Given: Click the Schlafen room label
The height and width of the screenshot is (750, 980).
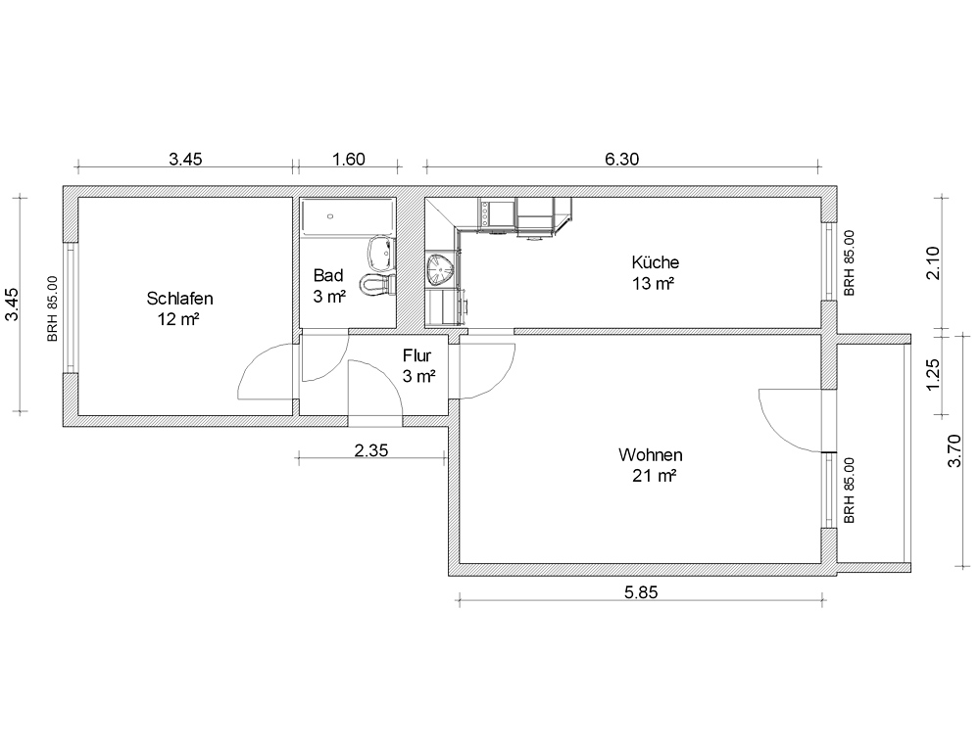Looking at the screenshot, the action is pyautogui.click(x=179, y=299).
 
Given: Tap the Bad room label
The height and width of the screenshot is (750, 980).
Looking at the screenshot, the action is pyautogui.click(x=328, y=275).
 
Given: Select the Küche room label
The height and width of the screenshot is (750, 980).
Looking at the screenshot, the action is pyautogui.click(x=655, y=262).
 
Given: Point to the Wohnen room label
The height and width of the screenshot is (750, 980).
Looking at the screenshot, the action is pyautogui.click(x=650, y=454).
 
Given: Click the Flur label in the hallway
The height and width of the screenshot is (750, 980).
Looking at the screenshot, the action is pyautogui.click(x=416, y=356).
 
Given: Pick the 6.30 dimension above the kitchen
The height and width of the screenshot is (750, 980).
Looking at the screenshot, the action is pyautogui.click(x=622, y=160).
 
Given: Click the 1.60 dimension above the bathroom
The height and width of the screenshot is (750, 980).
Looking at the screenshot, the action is pyautogui.click(x=348, y=160).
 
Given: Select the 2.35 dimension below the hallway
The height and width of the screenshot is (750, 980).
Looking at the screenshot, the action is pyautogui.click(x=371, y=449).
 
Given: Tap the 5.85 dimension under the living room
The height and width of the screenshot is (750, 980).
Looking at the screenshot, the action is pyautogui.click(x=641, y=592).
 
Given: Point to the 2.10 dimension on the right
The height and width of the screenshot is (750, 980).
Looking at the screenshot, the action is pyautogui.click(x=933, y=263).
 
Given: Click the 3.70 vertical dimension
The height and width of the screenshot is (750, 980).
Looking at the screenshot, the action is pyautogui.click(x=955, y=450).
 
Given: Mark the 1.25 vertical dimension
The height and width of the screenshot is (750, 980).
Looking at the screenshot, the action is pyautogui.click(x=933, y=375).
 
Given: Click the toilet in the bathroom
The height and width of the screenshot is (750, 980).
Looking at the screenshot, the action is pyautogui.click(x=377, y=284).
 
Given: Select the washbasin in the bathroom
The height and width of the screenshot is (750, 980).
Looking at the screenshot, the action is pyautogui.click(x=380, y=252).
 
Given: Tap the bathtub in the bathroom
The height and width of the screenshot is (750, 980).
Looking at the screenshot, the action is pyautogui.click(x=348, y=216).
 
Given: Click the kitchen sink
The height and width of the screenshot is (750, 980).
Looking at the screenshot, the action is pyautogui.click(x=442, y=269).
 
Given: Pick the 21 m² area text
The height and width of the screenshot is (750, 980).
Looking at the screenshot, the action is pyautogui.click(x=655, y=476).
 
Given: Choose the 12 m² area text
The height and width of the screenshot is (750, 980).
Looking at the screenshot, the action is pyautogui.click(x=178, y=320).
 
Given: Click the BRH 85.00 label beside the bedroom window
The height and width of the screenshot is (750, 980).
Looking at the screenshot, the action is pyautogui.click(x=53, y=308).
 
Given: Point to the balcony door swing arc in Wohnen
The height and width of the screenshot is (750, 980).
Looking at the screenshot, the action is pyautogui.click(x=775, y=431).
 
